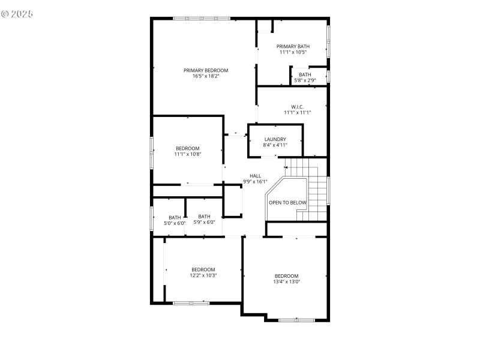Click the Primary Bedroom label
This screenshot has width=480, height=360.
[206, 70]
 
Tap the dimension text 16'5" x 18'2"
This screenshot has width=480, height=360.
[206, 76]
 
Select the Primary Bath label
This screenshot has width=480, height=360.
[293, 46]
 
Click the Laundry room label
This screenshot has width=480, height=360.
[275, 139]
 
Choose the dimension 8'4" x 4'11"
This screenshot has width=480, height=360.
[275, 145]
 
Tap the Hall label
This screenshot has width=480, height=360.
[256, 176]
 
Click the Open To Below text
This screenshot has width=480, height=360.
[287, 203]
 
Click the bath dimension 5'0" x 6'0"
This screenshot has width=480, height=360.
[175, 223]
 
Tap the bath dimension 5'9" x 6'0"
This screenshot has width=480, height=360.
[204, 222]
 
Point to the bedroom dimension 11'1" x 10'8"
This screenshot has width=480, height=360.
[188, 154]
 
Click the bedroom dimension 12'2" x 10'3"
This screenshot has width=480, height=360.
[203, 275]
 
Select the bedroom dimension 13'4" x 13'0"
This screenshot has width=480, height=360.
[287, 281]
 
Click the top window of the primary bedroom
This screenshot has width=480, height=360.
[202, 19]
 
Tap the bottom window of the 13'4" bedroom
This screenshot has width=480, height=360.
[296, 320]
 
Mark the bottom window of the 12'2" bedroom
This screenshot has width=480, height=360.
[191, 303]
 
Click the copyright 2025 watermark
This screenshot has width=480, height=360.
[17, 13]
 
